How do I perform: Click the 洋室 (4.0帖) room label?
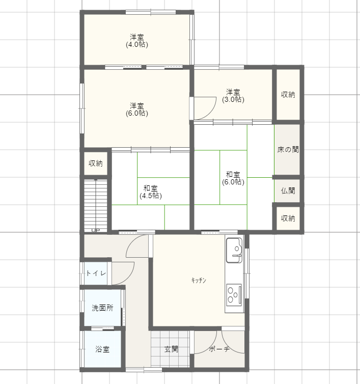(x=137, y=41)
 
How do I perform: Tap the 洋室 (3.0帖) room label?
(x=233, y=96)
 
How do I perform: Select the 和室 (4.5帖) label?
(x=151, y=192)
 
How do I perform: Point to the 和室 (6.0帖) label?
(x=233, y=178)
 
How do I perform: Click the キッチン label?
(x=199, y=280)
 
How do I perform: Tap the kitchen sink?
(x=234, y=250)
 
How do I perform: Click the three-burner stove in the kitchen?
(x=234, y=294)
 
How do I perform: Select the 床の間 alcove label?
(x=288, y=149)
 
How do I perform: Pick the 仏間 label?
(x=288, y=190)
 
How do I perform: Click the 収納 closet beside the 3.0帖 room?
(x=288, y=95)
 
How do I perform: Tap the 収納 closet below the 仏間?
(x=288, y=218)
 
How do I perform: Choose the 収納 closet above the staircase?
(x=96, y=163)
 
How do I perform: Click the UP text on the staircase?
(x=96, y=230)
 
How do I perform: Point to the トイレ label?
(x=96, y=273)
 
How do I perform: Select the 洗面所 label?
(x=102, y=308)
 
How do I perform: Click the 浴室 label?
(x=102, y=349)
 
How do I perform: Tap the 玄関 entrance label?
(x=171, y=349)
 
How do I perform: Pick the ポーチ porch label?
(x=219, y=349)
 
